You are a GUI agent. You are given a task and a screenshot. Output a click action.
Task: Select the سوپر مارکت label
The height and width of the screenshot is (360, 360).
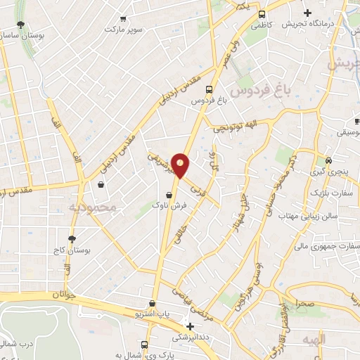[x=124, y=30]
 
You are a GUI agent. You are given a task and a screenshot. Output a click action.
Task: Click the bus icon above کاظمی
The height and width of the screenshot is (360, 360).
[x=262, y=14]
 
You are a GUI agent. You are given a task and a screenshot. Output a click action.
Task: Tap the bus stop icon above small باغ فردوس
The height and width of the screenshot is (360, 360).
[x=209, y=89]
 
